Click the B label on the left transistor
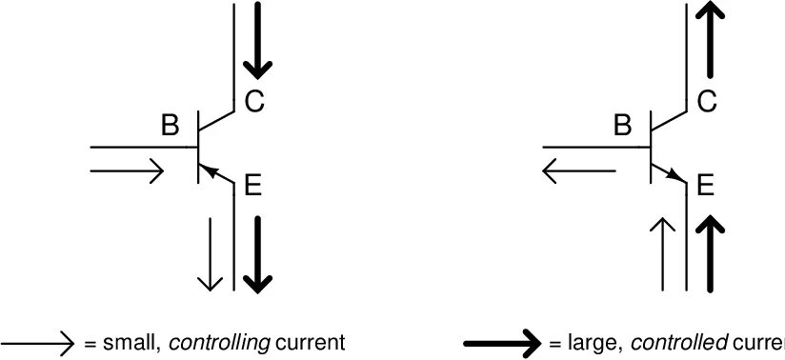pos(170,125)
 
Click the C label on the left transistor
pos(253,100)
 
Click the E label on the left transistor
pos(252,185)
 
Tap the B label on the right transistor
pos(623,125)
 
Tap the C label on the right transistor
pos(706,100)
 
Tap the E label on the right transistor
pos(705,185)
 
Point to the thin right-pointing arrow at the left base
pos(127,171)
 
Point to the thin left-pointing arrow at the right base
pos(579,171)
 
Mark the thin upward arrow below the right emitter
pos(663,252)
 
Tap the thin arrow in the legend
pos(38,342)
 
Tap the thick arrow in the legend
pos(503,342)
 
